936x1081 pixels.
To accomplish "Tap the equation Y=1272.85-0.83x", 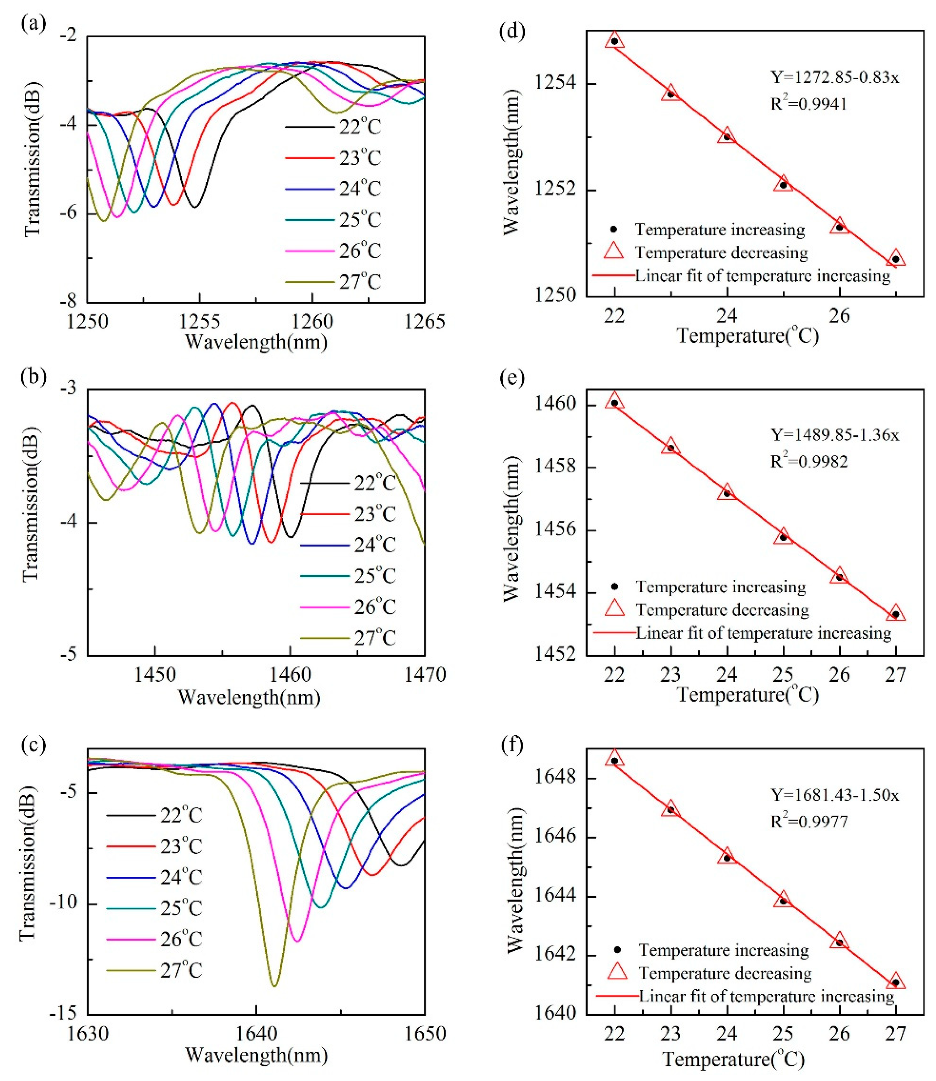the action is [x=835, y=77].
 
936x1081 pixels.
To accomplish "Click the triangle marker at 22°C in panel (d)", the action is [x=615, y=40].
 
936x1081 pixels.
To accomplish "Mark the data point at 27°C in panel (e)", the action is [x=895, y=614].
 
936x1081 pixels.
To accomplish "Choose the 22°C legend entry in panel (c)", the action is [x=154, y=815].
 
